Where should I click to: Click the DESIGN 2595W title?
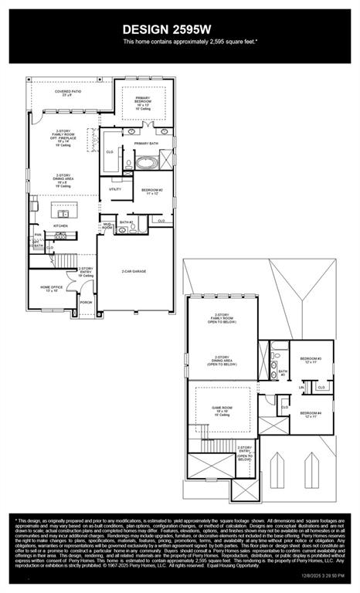click(180, 29)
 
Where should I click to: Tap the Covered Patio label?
click(68, 93)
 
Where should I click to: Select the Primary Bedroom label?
click(144, 102)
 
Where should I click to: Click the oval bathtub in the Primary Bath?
click(146, 163)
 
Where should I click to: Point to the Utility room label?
click(115, 188)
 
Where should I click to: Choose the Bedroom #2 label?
click(151, 191)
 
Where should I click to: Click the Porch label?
click(86, 303)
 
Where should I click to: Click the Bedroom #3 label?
click(311, 361)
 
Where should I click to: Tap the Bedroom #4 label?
click(311, 415)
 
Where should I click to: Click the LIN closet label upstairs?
click(301, 387)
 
